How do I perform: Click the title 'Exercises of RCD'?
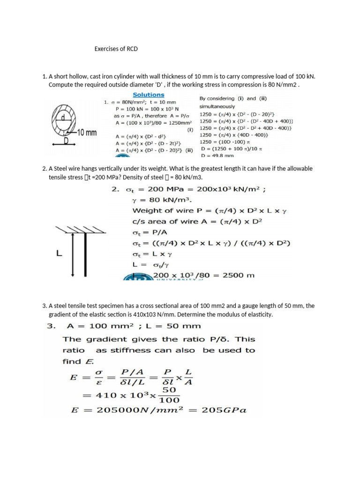116,49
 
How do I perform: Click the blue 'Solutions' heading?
149,95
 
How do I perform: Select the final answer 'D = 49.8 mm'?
217,155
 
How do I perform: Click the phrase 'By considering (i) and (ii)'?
228,98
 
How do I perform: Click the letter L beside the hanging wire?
59,253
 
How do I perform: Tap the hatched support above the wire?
73,230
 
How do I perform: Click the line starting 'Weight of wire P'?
209,211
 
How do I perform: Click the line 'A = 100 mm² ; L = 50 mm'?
132,326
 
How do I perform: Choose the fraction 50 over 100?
170,395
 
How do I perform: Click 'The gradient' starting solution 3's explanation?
87,339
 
